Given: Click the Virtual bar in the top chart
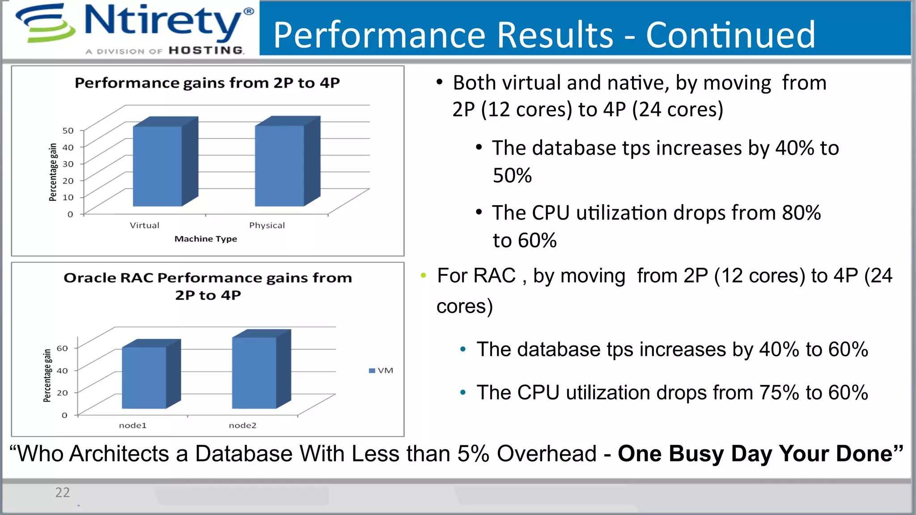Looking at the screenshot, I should click(157, 166).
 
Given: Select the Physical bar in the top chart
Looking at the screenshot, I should click(280, 166).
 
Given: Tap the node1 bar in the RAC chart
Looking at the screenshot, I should click(144, 378).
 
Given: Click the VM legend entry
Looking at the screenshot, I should click(381, 371).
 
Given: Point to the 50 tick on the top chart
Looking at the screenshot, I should click(68, 131).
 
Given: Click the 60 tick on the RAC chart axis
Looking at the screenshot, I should click(62, 348).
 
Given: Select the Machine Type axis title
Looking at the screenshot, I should click(206, 239).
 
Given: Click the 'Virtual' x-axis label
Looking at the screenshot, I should click(144, 225).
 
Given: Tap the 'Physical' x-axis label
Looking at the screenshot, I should click(267, 225).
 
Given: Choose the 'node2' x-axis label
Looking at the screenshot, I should click(242, 425).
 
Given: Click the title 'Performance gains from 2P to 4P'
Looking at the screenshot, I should click(207, 83).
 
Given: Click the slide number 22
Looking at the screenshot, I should click(63, 492).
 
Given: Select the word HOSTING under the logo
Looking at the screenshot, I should click(206, 51).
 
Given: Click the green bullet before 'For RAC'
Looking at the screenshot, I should click(423, 275).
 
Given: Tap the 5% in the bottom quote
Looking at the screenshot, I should click(473, 454).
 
